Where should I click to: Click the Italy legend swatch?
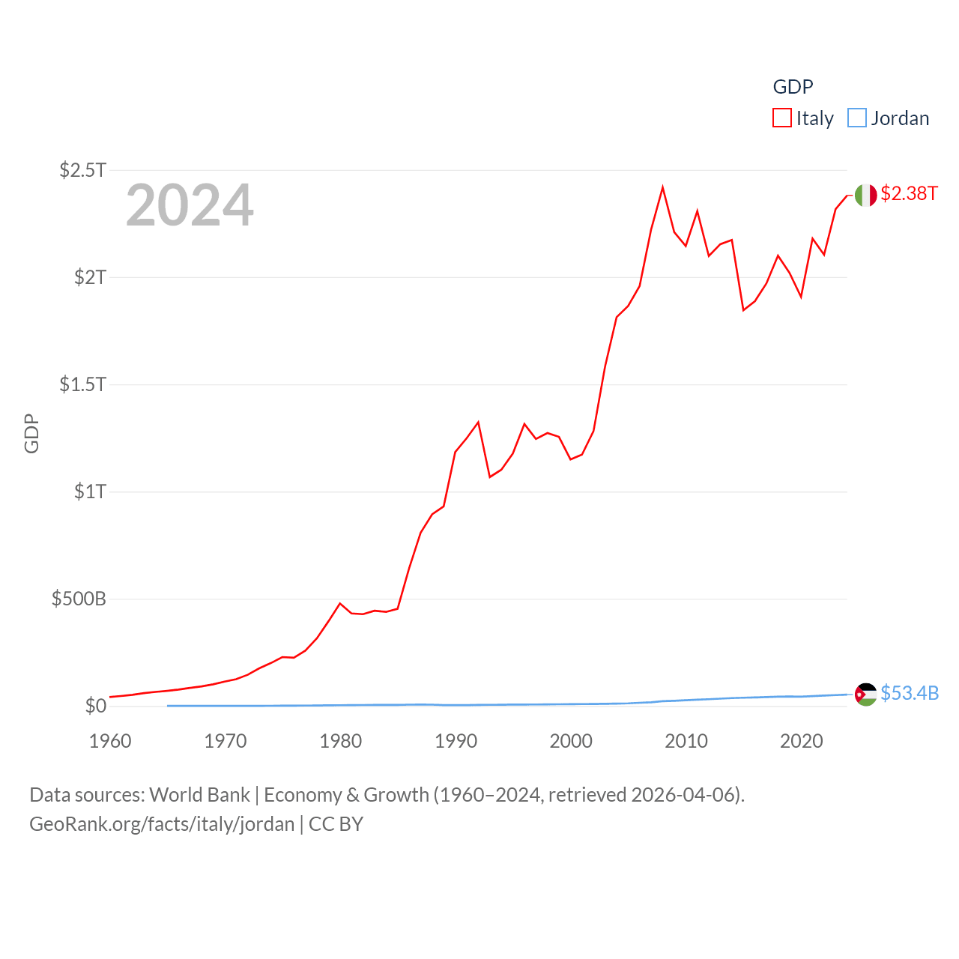coord(782,118)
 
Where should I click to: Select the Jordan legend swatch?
coord(857,118)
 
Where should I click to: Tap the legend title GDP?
coord(793,87)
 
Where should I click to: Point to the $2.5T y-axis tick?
coord(83,170)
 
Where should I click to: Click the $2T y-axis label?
coord(90,277)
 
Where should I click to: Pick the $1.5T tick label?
coord(83,384)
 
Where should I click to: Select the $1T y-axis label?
coord(90,491)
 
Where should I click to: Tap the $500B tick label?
coord(79,599)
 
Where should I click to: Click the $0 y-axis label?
coord(95,706)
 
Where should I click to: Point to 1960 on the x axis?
coord(110,741)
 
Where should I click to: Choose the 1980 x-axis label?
coord(340,741)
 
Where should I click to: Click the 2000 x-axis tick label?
coord(571,741)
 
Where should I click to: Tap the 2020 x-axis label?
coord(801,741)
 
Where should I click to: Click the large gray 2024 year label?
coord(190,205)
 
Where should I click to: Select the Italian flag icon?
coord(866,195)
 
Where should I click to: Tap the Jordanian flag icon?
coord(866,695)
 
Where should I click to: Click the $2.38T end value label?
coord(909,193)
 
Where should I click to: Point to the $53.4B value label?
coord(910,693)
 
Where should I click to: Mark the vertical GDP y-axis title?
coord(31,433)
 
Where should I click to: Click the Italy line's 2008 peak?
coord(663,187)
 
